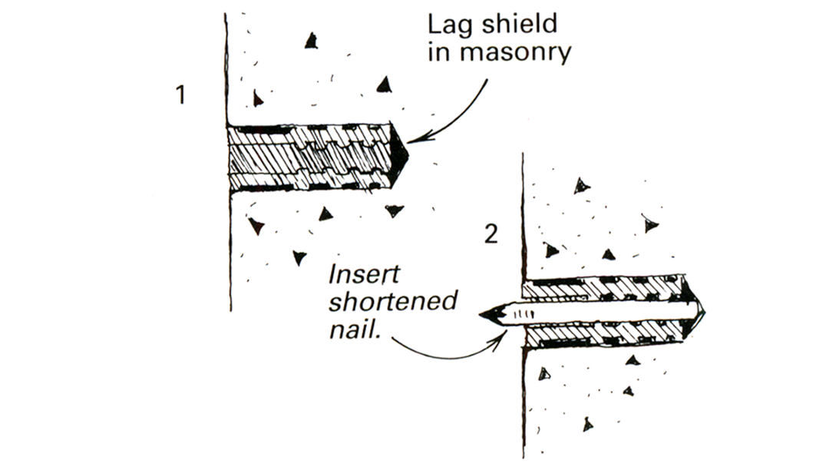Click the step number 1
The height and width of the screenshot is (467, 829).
click(x=181, y=96)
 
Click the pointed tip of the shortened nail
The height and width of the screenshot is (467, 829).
click(x=483, y=314)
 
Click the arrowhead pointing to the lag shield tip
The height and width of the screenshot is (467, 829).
click(x=414, y=141)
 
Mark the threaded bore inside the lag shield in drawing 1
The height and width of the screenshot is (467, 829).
click(x=307, y=157)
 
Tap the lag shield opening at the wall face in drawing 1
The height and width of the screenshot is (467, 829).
click(x=232, y=157)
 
